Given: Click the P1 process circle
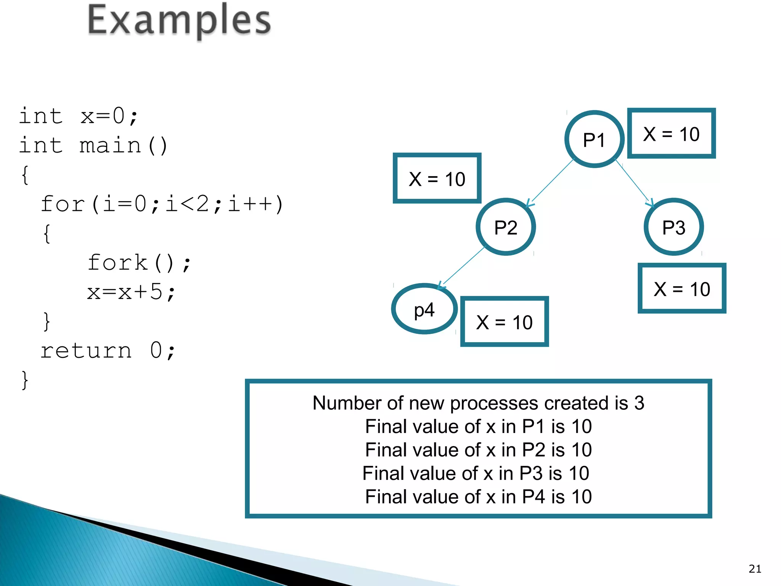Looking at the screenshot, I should [x=594, y=139].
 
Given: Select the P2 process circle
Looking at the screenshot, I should [x=506, y=227].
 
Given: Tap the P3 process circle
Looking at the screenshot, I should [x=674, y=227].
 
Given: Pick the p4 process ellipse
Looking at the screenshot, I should [x=424, y=309].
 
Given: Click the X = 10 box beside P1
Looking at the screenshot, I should [x=671, y=134].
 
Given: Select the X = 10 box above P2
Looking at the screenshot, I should [x=437, y=179].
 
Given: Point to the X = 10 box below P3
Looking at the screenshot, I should [x=682, y=288].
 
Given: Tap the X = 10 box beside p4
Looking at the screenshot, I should [x=504, y=322].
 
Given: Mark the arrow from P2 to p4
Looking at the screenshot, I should [x=462, y=267].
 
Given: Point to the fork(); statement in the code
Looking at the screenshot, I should [x=139, y=263].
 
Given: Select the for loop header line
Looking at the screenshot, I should [x=162, y=204].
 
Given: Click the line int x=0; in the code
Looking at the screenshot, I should [x=79, y=116].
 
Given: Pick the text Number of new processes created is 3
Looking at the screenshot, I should [x=478, y=403].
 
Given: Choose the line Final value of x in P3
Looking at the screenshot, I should [x=476, y=473].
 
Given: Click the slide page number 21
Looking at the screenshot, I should [x=755, y=569].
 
